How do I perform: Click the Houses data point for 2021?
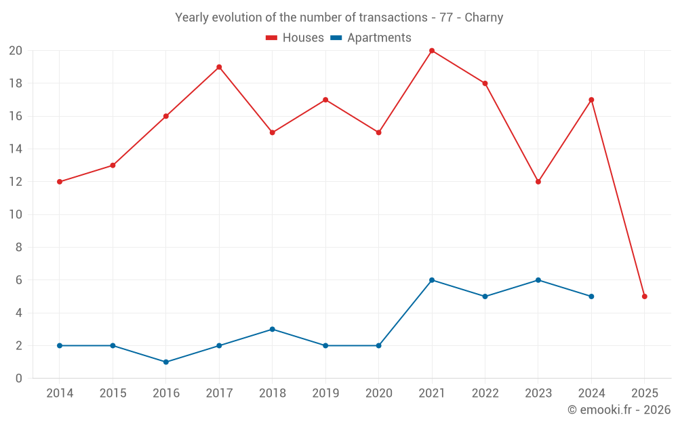click(x=432, y=51)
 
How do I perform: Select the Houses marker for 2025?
click(x=644, y=296)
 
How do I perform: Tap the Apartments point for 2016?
click(x=166, y=362)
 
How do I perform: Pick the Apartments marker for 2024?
click(x=591, y=296)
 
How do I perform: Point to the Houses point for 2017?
click(x=219, y=67)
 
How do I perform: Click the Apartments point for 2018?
click(x=273, y=329)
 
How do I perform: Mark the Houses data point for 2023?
click(x=538, y=182)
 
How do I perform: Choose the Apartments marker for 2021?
click(x=432, y=280)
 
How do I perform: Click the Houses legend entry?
click(x=295, y=38)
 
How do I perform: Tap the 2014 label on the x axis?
click(x=60, y=393)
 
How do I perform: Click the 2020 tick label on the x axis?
click(x=378, y=393)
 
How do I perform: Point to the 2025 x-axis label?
click(x=644, y=393)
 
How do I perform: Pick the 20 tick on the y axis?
click(x=16, y=51)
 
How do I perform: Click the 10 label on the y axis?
click(x=16, y=215)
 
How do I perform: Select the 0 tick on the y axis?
click(x=19, y=379)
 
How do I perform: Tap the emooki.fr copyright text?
click(x=619, y=410)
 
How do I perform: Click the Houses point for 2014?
click(x=60, y=182)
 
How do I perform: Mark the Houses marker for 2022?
click(x=485, y=83)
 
